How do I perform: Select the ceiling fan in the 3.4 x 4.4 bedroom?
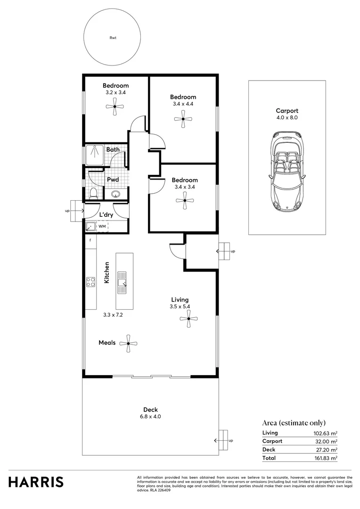click(183, 119)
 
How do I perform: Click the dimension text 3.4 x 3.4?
click(184, 187)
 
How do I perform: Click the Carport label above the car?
click(287, 111)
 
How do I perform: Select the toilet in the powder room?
click(93, 193)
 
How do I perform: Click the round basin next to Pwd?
click(116, 193)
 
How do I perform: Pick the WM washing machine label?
click(102, 227)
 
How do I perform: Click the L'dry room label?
click(106, 215)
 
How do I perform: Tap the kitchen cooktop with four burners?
click(90, 282)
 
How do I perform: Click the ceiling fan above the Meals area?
click(128, 344)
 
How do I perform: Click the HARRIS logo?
click(36, 482)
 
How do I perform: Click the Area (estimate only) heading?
click(294, 423)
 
